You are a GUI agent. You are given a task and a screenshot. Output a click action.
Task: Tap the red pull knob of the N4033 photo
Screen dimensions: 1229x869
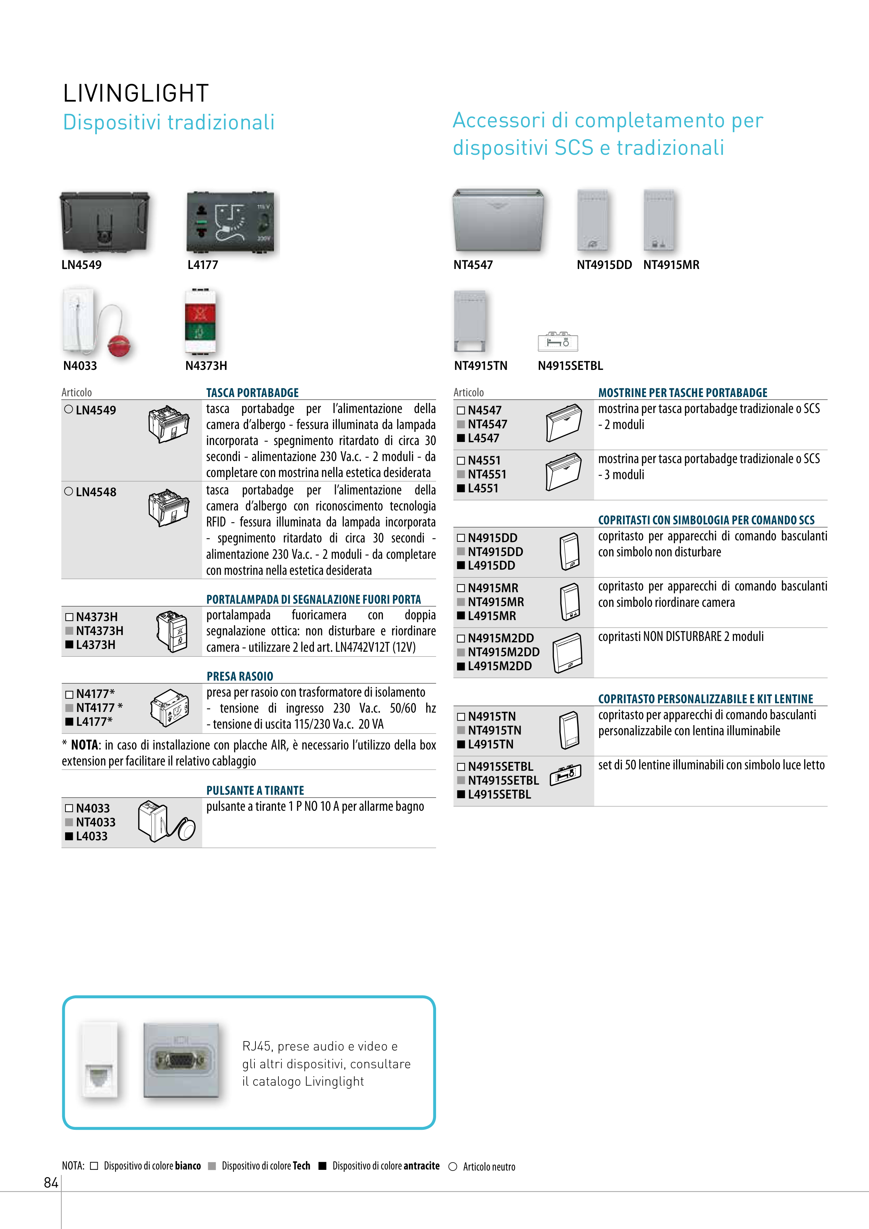click(x=119, y=346)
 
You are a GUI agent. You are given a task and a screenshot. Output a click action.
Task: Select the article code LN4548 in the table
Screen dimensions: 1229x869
click(x=95, y=492)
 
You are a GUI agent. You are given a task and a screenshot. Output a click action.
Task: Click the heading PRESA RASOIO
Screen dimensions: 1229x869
click(x=240, y=676)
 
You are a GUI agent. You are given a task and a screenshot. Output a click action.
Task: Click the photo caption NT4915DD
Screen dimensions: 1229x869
click(x=604, y=265)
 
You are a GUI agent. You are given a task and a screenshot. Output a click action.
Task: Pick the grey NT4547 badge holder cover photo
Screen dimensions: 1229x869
click(x=497, y=220)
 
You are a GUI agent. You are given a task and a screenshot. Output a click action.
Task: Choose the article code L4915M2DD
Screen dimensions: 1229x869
click(x=499, y=666)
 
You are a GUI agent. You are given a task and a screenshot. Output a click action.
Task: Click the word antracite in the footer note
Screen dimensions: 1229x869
click(x=421, y=1166)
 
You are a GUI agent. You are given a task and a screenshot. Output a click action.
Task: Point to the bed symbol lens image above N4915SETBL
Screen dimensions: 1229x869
click(x=558, y=341)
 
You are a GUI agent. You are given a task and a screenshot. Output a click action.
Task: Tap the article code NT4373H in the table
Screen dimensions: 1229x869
click(x=99, y=631)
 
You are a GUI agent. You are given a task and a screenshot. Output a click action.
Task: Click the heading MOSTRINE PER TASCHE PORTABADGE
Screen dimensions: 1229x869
click(x=683, y=393)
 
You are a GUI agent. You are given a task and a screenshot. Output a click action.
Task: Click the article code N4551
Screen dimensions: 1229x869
click(x=484, y=460)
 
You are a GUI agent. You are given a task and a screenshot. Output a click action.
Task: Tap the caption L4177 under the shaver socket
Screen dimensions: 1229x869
click(x=203, y=265)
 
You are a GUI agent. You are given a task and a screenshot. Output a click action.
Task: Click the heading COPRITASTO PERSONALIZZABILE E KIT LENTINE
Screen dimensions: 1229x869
click(x=705, y=699)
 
